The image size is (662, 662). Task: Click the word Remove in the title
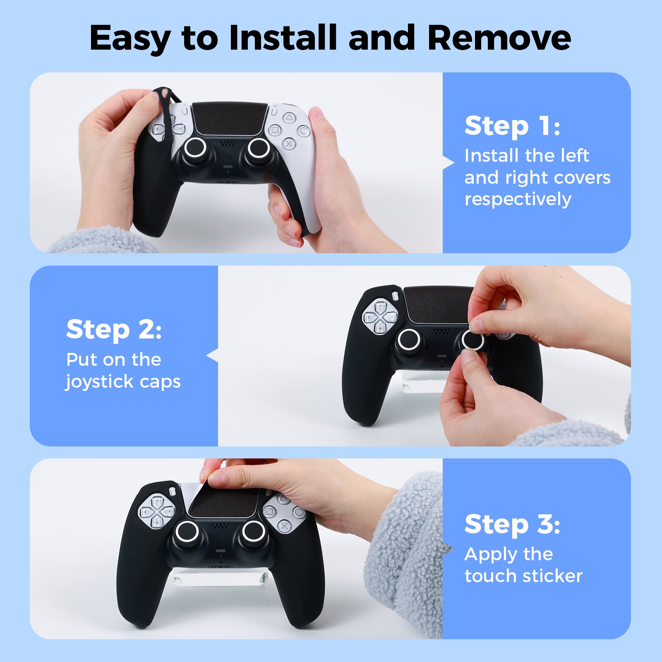[x=499, y=38]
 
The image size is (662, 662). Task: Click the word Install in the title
[x=283, y=38]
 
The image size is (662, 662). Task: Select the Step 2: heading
[x=114, y=329]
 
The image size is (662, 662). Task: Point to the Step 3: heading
[x=512, y=524]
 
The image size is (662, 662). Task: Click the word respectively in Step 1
[x=518, y=199]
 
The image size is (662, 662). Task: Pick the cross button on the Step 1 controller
[x=289, y=144]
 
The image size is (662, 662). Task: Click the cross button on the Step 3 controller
[x=284, y=526]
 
